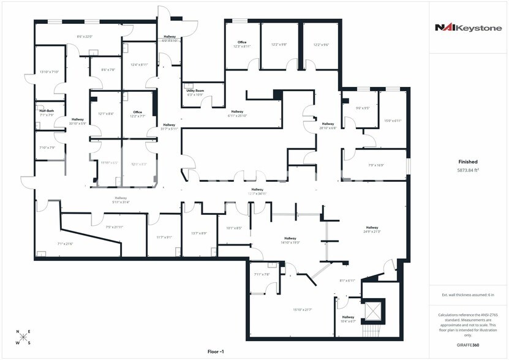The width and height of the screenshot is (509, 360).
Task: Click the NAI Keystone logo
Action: pyautogui.click(x=468, y=27)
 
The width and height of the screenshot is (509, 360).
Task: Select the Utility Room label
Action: pyautogui.click(x=195, y=91)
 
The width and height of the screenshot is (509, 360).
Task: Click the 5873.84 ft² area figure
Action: pyautogui.click(x=468, y=170)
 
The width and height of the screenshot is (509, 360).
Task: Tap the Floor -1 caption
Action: pyautogui.click(x=218, y=351)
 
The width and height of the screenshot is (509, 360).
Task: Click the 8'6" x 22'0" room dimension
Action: pyautogui.click(x=85, y=37)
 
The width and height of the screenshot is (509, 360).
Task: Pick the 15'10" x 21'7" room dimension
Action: pyautogui.click(x=303, y=310)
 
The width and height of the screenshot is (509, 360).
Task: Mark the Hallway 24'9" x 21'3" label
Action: pyautogui.click(x=372, y=230)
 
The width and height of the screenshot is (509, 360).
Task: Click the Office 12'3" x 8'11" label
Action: pyautogui.click(x=242, y=44)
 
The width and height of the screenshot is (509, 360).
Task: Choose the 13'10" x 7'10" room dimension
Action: pyautogui.click(x=48, y=72)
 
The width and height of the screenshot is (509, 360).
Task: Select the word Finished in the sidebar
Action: pyautogui.click(x=468, y=162)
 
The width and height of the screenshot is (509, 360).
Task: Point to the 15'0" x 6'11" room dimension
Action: pyautogui.click(x=392, y=121)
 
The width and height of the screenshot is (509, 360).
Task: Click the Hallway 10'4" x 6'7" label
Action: pyautogui.click(x=348, y=318)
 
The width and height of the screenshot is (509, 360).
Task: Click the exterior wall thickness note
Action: pyautogui.click(x=468, y=295)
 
